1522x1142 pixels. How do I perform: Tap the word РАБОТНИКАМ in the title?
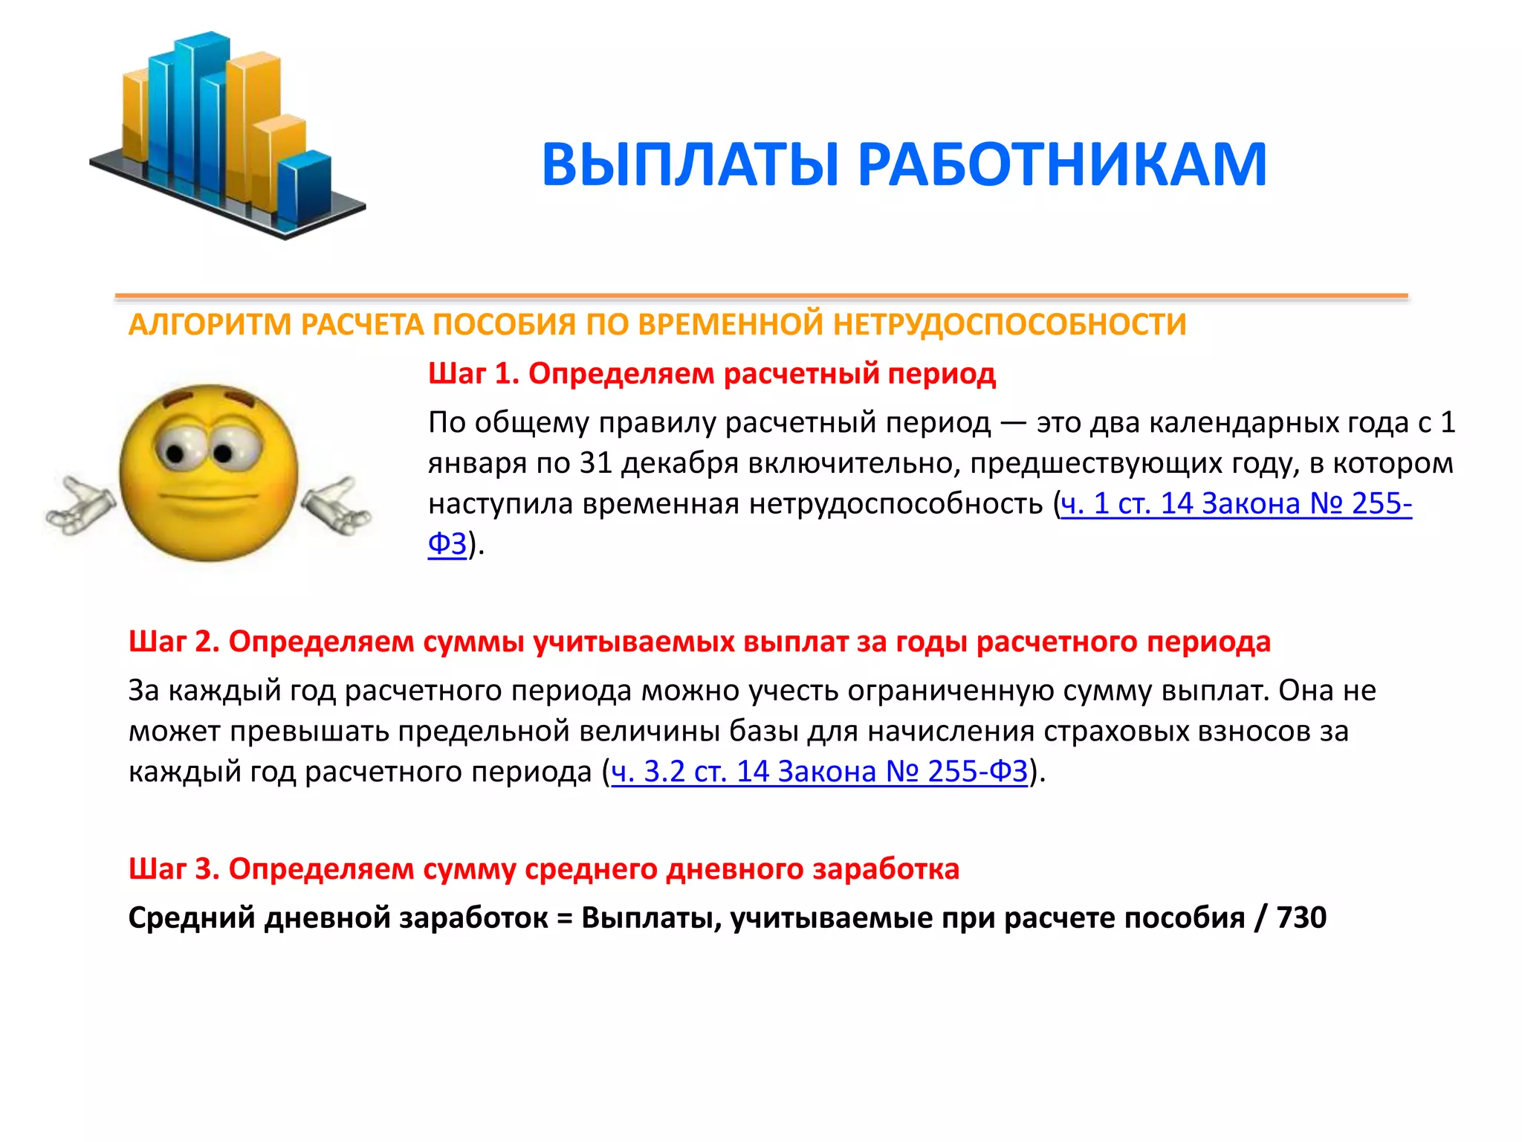[x=1062, y=165]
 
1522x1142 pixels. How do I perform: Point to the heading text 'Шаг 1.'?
[x=473, y=373]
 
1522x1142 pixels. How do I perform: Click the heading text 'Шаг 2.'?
[x=174, y=642]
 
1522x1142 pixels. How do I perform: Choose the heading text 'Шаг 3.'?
[x=174, y=868]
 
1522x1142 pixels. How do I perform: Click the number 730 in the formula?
[x=1301, y=917]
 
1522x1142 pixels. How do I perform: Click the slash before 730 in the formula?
[x=1260, y=917]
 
